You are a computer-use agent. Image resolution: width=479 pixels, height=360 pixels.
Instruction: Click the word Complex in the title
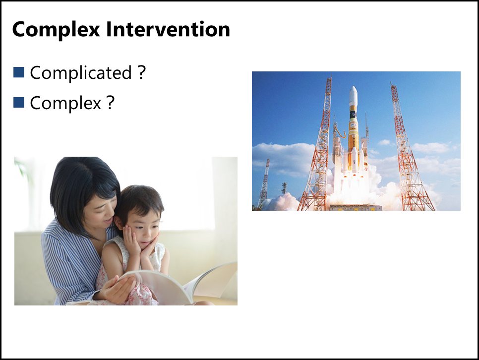pos(56,30)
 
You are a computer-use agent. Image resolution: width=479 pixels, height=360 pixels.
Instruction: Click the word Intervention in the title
pos(168,29)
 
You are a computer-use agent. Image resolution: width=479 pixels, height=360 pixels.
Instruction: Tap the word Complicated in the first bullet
pos(81,73)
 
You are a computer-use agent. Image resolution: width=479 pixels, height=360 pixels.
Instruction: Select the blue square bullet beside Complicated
pos(19,72)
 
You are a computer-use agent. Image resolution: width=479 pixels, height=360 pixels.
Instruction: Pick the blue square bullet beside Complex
pos(19,103)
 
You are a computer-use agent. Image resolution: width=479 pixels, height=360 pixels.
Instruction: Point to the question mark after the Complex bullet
pos(111,102)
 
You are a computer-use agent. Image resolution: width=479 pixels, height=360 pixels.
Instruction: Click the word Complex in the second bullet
pos(65,103)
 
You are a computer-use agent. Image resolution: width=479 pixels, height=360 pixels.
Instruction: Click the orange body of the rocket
pos(353,131)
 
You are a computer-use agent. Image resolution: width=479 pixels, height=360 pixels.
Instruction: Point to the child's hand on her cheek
pos(131,241)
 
